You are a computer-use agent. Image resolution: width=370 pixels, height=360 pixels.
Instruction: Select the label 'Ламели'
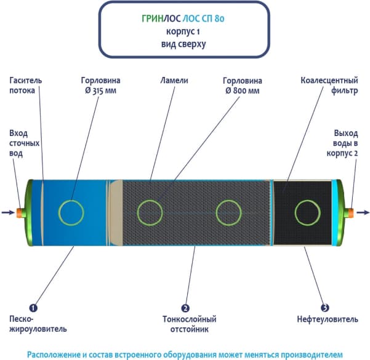(174, 81)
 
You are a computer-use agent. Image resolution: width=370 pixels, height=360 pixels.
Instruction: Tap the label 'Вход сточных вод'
(25, 143)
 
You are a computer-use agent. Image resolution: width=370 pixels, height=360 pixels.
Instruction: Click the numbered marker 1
(33, 306)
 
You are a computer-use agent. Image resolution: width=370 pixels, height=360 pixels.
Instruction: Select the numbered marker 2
(184, 306)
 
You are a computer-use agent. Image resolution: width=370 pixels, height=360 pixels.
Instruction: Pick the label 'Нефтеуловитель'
(323, 319)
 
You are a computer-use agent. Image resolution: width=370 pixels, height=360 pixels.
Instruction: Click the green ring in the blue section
(71, 212)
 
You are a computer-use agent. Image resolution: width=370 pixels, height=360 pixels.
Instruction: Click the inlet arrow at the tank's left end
(8, 213)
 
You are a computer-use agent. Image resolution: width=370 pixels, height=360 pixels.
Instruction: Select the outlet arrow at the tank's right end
(363, 213)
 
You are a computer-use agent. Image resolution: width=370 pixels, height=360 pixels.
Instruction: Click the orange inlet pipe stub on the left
(20, 213)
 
